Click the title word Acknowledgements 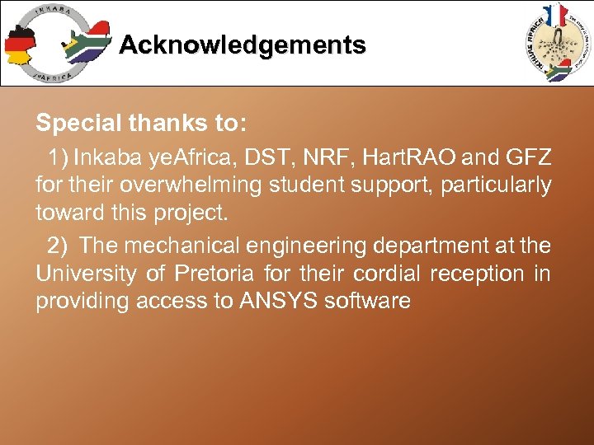pos(242,44)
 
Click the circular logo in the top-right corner pos(556,42)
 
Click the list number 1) pos(60,157)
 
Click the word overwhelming pos(196,185)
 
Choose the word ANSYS pos(279,301)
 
